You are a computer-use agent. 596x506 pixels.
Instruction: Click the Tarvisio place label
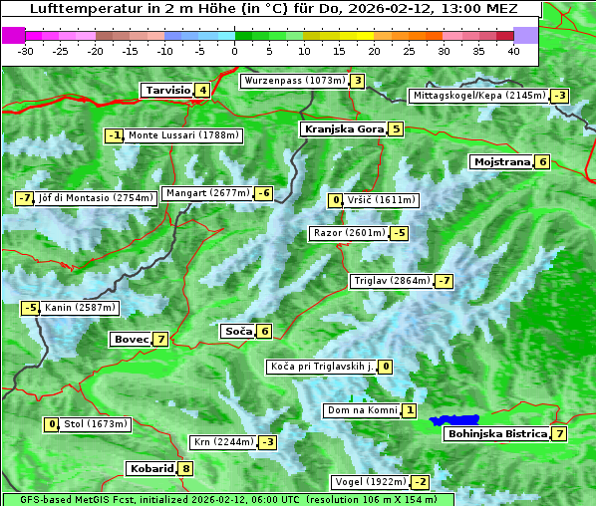click(x=167, y=90)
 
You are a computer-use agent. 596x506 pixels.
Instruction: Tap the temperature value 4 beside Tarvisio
click(x=203, y=90)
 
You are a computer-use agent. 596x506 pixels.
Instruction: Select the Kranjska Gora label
click(x=343, y=128)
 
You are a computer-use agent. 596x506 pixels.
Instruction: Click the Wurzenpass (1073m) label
click(x=294, y=81)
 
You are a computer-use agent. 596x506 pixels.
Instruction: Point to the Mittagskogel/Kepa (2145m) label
click(x=479, y=96)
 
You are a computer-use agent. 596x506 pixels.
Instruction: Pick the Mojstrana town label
click(x=502, y=161)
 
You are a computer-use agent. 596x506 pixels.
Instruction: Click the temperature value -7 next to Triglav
click(x=445, y=281)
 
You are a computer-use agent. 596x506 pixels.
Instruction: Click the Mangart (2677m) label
click(x=207, y=193)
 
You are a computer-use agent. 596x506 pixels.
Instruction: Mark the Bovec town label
click(x=131, y=339)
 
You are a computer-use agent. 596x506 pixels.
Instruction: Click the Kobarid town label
click(x=150, y=468)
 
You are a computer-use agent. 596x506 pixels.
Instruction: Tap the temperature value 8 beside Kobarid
click(x=185, y=468)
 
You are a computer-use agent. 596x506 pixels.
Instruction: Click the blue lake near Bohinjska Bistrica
click(x=454, y=421)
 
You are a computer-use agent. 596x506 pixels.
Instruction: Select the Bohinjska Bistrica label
click(x=496, y=433)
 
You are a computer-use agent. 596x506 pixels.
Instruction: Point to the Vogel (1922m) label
click(x=370, y=482)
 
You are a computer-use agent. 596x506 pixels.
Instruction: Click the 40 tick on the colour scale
click(x=513, y=50)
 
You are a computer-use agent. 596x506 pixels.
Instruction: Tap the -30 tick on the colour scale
click(x=26, y=50)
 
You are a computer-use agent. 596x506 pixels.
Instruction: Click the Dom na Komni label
click(x=362, y=410)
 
